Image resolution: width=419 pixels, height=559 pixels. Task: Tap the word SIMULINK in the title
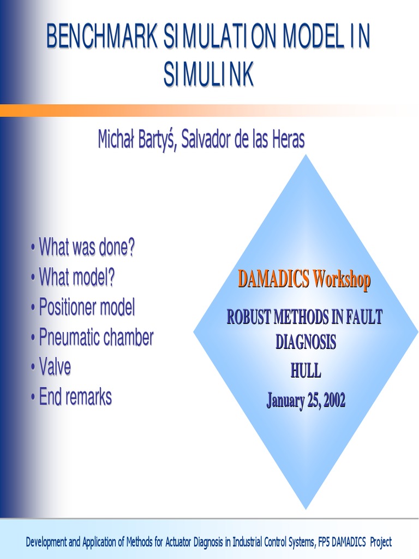209,75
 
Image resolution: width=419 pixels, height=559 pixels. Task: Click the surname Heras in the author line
286,139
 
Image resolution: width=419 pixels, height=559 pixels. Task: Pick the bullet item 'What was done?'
86,248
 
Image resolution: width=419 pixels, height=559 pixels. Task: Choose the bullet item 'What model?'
77,277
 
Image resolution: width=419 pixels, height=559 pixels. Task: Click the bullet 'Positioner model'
86,307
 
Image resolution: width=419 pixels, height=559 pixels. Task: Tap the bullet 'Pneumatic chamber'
96,337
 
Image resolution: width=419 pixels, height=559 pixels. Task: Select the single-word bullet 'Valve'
55,367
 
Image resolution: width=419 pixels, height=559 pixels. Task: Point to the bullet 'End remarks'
75,397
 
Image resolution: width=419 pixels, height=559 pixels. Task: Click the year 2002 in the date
334,401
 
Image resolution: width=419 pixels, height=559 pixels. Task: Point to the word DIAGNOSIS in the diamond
306,342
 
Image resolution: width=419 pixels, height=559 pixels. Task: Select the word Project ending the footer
380,542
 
